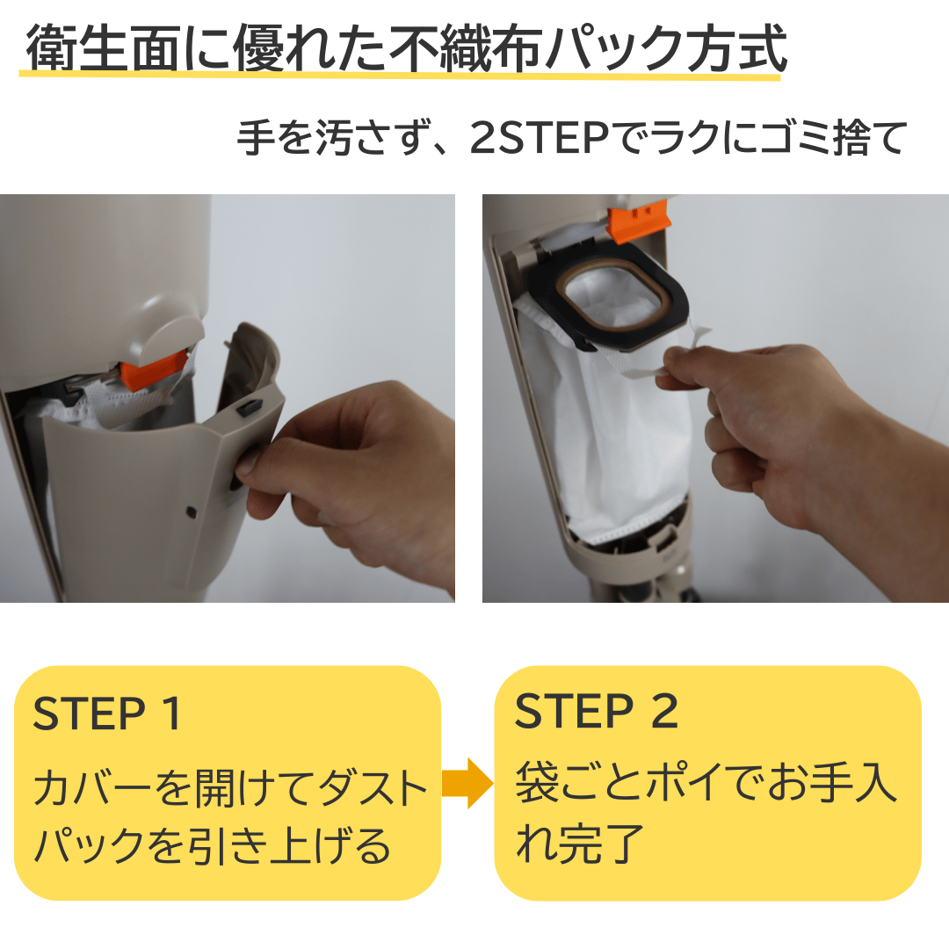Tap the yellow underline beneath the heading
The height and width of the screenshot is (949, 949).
coord(400,77)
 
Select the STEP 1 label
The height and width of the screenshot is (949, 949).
coord(106,714)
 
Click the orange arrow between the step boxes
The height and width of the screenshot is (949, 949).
coord(467,783)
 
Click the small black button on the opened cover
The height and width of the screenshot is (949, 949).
coord(250,408)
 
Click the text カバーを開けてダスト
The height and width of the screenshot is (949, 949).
coord(229,790)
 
